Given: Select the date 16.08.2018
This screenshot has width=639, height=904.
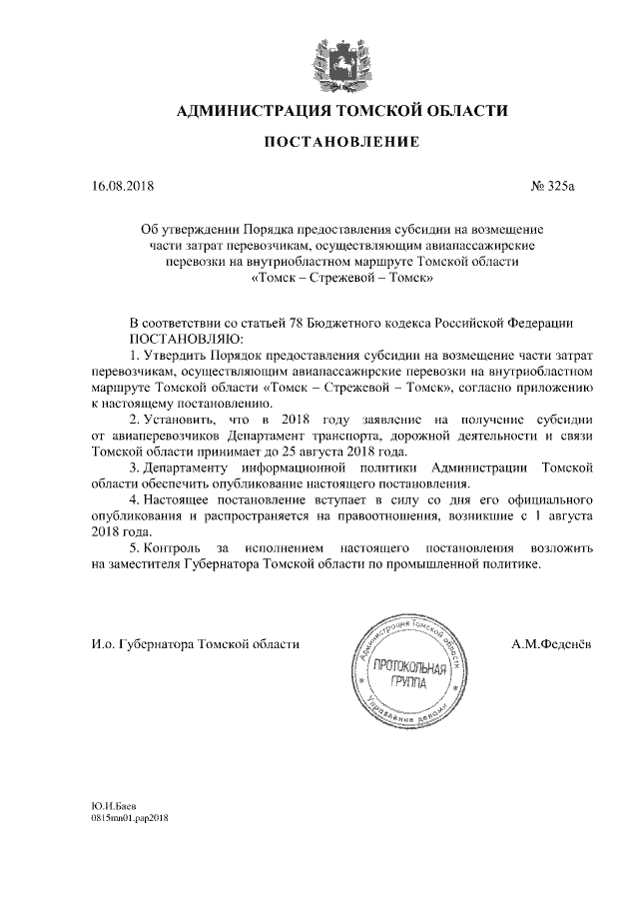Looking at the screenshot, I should click(x=123, y=186).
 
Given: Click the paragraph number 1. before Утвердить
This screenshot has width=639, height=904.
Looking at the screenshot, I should click(x=137, y=357).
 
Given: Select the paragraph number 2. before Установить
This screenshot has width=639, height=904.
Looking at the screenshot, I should click(x=137, y=421).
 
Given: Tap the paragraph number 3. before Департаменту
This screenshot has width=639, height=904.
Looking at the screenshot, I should click(x=137, y=467).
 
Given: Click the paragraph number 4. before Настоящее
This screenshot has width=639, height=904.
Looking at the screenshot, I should click(x=137, y=499).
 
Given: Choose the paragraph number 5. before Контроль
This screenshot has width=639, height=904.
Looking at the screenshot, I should click(x=137, y=547).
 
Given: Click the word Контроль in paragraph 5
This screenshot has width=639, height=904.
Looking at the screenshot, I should click(x=174, y=547).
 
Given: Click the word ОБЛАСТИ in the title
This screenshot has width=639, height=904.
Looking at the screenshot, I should click(x=461, y=110).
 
